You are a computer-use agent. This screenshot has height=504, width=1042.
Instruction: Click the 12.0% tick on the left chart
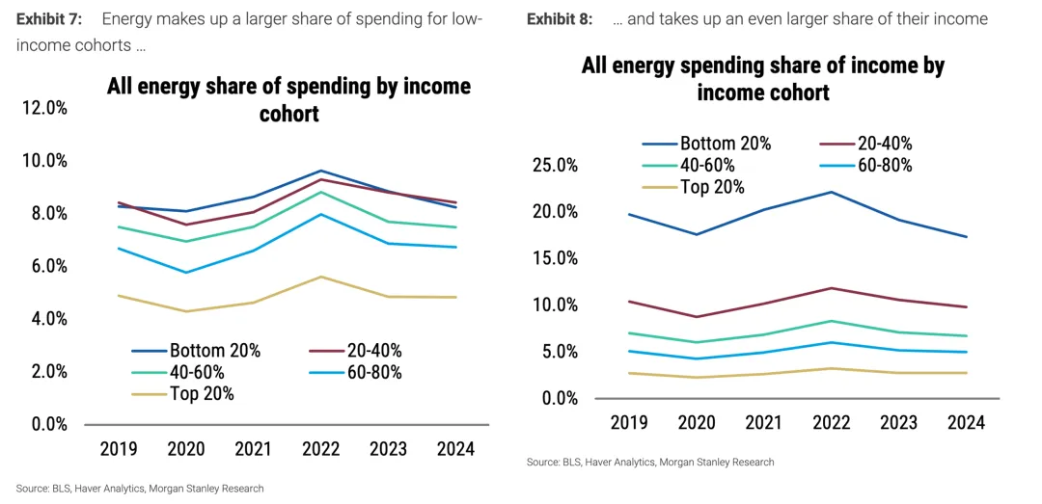click(x=44, y=108)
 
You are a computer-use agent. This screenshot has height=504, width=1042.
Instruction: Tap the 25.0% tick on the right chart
click(x=555, y=165)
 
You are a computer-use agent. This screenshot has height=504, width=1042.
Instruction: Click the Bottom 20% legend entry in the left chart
click(x=214, y=351)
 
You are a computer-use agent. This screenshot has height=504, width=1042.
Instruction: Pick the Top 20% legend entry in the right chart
click(x=712, y=187)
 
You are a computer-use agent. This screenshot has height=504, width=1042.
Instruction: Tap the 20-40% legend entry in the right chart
click(x=885, y=144)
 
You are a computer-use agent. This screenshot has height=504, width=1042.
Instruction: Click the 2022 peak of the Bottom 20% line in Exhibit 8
click(x=831, y=192)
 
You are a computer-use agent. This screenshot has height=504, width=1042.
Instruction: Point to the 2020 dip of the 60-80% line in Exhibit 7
click(x=186, y=273)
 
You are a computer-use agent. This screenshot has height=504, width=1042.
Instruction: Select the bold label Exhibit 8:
click(x=560, y=19)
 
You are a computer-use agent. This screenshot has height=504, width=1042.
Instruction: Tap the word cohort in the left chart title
click(x=288, y=114)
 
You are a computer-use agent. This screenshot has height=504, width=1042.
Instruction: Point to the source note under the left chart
click(x=140, y=489)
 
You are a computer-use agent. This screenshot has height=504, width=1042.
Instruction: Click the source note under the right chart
click(x=650, y=463)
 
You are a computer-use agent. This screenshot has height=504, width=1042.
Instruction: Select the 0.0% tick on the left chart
click(x=44, y=424)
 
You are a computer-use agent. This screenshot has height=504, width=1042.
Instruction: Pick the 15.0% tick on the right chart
click(x=555, y=258)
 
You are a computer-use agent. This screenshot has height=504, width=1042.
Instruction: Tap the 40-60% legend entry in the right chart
click(x=712, y=165)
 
